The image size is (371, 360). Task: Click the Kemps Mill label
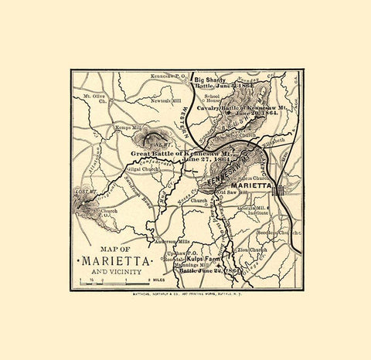111,125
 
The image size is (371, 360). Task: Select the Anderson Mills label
175,241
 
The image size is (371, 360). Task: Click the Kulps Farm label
202,260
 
